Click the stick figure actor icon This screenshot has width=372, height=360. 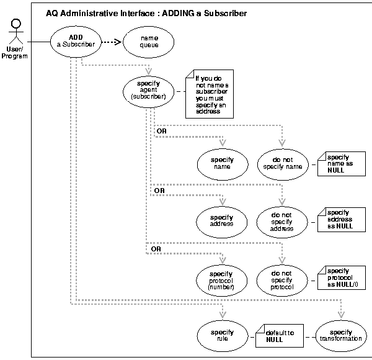(14, 29)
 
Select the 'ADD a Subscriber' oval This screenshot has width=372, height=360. (81, 42)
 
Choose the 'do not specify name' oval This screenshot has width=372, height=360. (282, 163)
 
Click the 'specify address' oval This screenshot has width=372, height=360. (221, 220)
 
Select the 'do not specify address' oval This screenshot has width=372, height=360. (282, 220)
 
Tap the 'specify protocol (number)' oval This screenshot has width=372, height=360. (221, 279)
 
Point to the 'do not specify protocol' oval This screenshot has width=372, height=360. (282, 279)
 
